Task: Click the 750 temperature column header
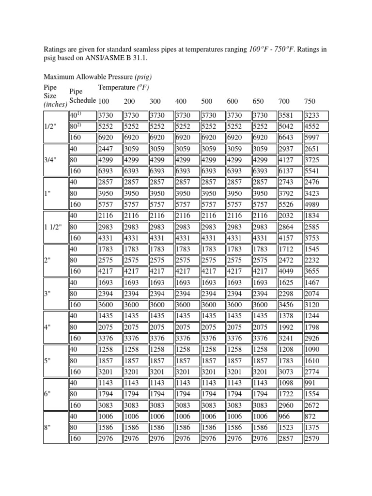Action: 310,101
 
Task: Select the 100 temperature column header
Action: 104,101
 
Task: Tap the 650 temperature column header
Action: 258,101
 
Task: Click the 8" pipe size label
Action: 47,428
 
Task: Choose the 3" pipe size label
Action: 47,294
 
